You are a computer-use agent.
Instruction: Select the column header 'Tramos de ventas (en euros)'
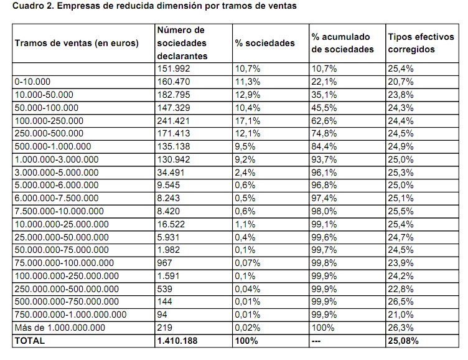pos(77,43)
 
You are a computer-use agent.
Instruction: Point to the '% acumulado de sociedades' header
pos(343,43)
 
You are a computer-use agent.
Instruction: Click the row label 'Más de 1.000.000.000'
pos(60,328)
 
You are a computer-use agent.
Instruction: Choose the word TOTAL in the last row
pos(29,341)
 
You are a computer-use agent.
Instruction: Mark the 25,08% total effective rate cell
pos(403,341)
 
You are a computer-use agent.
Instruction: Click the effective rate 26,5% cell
pos(400,301)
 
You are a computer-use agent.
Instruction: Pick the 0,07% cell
pos(248,263)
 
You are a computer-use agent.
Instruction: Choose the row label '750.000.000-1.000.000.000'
pos(70,315)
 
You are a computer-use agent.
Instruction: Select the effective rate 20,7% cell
pos(400,81)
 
